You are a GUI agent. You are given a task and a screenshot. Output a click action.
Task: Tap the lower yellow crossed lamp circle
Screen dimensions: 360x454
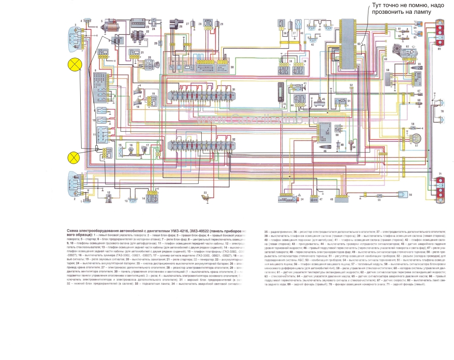[x=74, y=157]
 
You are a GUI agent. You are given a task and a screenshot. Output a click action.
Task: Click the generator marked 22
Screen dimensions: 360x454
[x=140, y=39]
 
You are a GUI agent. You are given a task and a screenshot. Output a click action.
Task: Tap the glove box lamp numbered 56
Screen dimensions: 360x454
[x=404, y=194]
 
